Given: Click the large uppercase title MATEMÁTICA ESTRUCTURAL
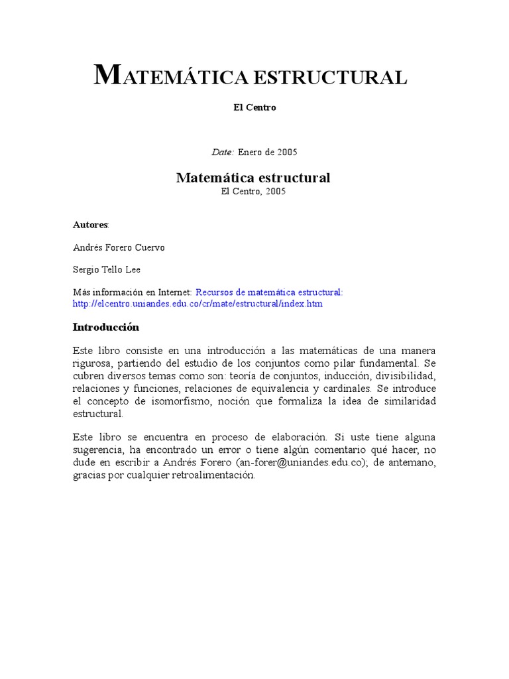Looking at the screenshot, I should coord(250,77).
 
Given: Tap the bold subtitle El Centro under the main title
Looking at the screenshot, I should coord(254,107).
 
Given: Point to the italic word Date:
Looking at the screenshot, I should coord(223,152).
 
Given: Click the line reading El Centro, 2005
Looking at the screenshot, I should coord(253,191).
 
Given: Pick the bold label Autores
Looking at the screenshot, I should coord(90,225).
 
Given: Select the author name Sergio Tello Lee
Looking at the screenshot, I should coord(107,270).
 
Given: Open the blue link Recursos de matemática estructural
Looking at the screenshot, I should coord(269,292).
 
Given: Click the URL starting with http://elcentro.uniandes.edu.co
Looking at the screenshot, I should coord(198,304).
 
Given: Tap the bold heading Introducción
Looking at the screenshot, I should coord(106,328).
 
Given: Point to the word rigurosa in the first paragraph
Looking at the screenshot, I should coord(92,363).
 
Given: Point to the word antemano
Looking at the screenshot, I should coord(413,463).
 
